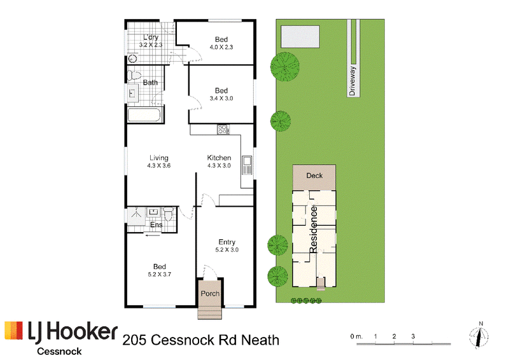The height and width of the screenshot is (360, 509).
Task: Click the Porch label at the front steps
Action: click(x=210, y=293)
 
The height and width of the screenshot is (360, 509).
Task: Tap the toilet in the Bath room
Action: click(x=134, y=75)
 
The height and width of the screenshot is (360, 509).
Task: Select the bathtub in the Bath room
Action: click(x=144, y=115)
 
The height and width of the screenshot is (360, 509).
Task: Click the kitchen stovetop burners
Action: click(x=223, y=130)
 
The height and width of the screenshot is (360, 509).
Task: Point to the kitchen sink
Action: click(x=247, y=165)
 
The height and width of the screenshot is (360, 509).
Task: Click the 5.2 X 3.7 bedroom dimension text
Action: click(x=160, y=274)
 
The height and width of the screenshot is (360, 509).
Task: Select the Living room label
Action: click(x=158, y=158)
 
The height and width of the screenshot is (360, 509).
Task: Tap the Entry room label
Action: click(x=227, y=242)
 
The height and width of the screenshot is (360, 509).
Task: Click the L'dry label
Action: click(x=151, y=37)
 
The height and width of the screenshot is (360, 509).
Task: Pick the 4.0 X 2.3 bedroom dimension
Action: click(x=221, y=47)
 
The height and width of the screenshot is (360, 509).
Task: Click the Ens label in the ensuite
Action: click(x=156, y=225)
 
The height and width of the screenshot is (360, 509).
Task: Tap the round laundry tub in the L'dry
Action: click(x=132, y=59)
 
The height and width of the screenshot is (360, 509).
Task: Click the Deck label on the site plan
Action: click(x=314, y=176)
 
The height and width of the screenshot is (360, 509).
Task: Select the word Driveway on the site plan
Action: click(x=352, y=81)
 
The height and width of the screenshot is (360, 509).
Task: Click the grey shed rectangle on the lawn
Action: click(x=300, y=37)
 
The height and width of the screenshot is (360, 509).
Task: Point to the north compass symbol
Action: click(x=479, y=336)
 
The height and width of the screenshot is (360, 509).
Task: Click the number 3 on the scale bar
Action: click(x=413, y=336)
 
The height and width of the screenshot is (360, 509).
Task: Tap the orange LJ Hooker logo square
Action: click(x=13, y=331)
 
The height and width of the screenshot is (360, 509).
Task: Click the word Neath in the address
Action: click(x=260, y=340)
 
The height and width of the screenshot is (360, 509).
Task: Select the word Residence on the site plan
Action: click(x=313, y=229)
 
